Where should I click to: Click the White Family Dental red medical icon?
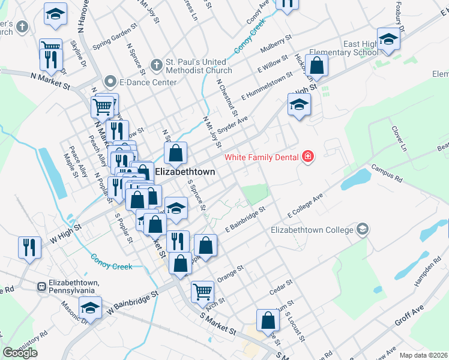308,157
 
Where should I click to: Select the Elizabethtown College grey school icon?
362,229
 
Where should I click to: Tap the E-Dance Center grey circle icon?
109,80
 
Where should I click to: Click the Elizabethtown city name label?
185,172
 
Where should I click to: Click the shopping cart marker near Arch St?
202,292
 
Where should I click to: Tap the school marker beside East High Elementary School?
388,39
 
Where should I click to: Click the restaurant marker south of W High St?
29,247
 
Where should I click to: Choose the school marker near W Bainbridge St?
90,308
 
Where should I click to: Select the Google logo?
20,353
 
